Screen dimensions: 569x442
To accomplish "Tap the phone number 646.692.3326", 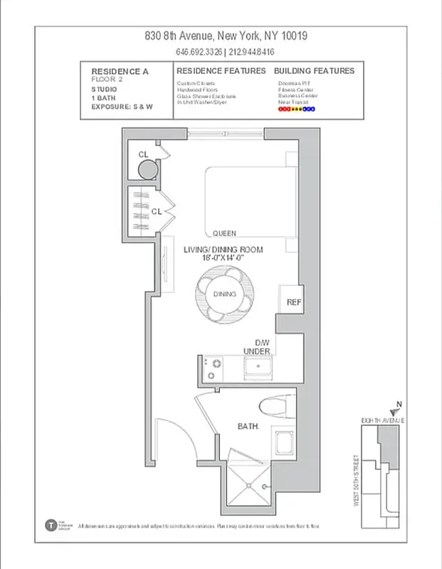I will pos(199,52).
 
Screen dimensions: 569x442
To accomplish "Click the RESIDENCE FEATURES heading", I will pos(221,71).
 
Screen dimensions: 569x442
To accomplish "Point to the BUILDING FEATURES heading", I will pos(314,71).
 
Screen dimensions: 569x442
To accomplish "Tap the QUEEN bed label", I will pos(224,233).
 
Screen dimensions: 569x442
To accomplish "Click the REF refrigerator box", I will pos(294,302).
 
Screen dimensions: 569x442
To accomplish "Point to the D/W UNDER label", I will pos(256,347).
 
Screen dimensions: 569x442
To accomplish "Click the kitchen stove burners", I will pos(211,368).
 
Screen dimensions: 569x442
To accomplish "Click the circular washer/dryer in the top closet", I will pos(147,170).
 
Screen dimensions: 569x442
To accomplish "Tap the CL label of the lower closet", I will pos(157,211).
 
